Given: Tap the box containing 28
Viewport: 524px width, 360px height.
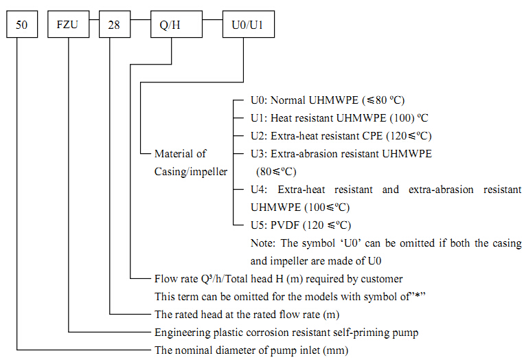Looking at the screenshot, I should tap(113, 26).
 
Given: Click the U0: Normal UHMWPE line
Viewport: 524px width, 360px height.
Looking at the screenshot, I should tap(332, 100).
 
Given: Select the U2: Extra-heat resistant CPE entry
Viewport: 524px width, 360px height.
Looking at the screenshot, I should tap(341, 136).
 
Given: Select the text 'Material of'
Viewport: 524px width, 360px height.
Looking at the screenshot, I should tap(180, 154).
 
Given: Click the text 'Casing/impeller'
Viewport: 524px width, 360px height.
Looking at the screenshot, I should tap(190, 172).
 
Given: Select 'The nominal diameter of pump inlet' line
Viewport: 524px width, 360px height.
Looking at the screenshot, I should tap(251, 350).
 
